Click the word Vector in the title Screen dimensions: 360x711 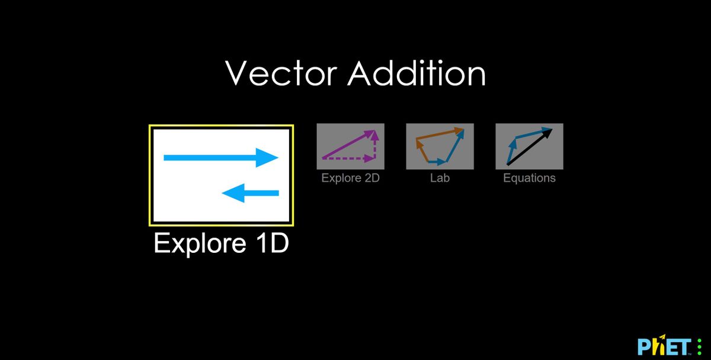pyautogui.click(x=281, y=73)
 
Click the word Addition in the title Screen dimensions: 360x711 pyautogui.click(x=416, y=73)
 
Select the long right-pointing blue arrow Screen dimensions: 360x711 pyautogui.click(x=213, y=157)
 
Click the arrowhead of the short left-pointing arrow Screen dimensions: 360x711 pyautogui.click(x=233, y=192)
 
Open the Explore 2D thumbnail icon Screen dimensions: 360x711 pyautogui.click(x=350, y=146)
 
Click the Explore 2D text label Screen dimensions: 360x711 pyautogui.click(x=350, y=178)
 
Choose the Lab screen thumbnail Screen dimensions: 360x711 pyautogui.click(x=440, y=146)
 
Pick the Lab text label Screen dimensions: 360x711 pyautogui.click(x=440, y=178)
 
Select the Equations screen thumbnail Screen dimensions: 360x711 pyautogui.click(x=529, y=146)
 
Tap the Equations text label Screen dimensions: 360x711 pyautogui.click(x=529, y=178)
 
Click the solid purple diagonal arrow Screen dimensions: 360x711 pyautogui.click(x=347, y=145)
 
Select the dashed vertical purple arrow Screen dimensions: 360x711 pyautogui.click(x=374, y=147)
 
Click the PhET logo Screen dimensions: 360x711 pyautogui.click(x=664, y=346)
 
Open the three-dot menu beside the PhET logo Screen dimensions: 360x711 pyautogui.click(x=699, y=346)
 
